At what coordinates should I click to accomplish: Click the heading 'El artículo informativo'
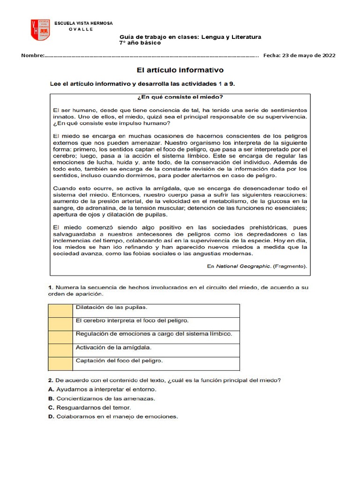pos(180,70)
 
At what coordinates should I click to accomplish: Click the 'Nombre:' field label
pos(32,55)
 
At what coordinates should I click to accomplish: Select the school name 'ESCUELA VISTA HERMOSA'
pos(83,23)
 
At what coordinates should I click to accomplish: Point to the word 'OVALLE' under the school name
pos(81,29)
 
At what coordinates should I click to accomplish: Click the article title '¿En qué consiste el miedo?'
pos(180,97)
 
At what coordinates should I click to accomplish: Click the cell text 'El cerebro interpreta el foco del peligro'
pos(132,321)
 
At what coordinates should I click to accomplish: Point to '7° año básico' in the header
pos(140,43)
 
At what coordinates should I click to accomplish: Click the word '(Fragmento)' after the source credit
pos(291,266)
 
